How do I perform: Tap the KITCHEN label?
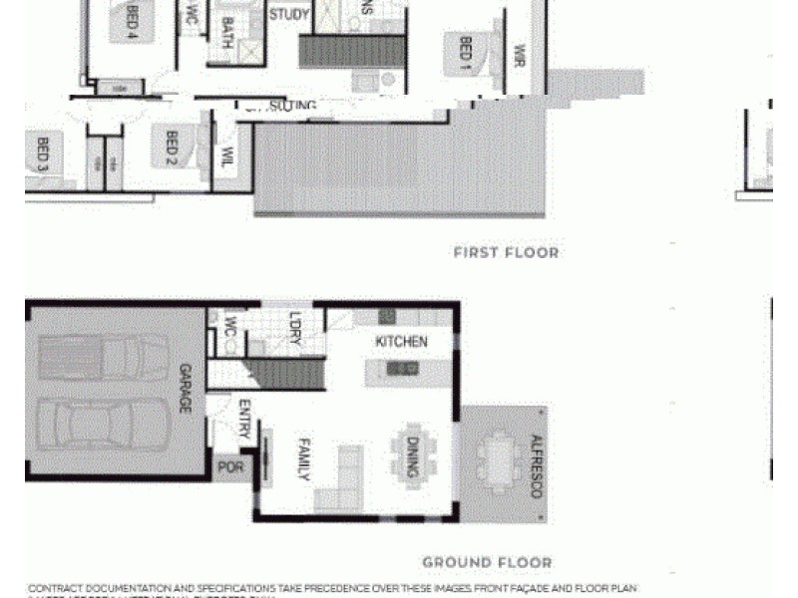click(x=401, y=342)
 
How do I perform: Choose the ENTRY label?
click(x=243, y=419)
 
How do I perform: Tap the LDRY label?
click(x=294, y=330)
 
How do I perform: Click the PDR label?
click(x=229, y=466)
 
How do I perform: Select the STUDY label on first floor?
click(x=289, y=15)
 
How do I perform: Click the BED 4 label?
click(x=132, y=21)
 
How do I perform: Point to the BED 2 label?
click(x=166, y=146)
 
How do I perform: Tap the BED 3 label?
click(x=42, y=154)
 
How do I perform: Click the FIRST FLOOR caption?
click(x=506, y=253)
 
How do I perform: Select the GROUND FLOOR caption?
click(x=487, y=563)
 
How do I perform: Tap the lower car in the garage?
click(x=103, y=423)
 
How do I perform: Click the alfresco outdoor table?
click(x=496, y=460)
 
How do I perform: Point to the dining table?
click(x=414, y=451)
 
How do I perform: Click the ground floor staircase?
click(x=286, y=374)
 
